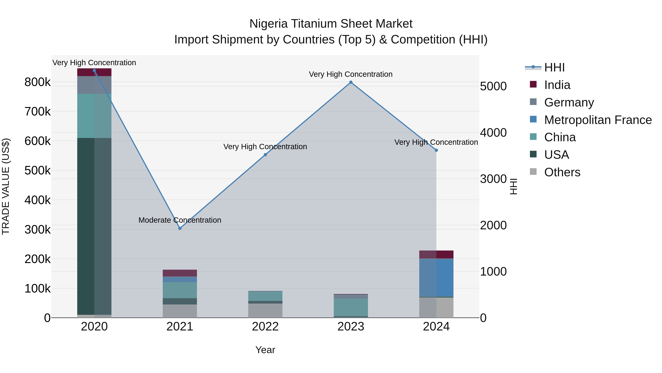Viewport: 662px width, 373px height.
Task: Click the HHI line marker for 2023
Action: [x=351, y=82]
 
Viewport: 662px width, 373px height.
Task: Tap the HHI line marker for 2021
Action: [x=180, y=228]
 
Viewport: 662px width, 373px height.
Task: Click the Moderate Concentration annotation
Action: [x=180, y=220]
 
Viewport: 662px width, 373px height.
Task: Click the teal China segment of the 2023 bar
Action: [x=351, y=307]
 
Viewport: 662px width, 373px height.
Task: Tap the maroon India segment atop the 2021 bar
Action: [x=180, y=273]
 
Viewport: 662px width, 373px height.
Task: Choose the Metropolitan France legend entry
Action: [x=598, y=120]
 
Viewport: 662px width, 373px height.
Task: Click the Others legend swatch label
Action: [x=562, y=172]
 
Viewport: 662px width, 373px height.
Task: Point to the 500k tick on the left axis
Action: [x=38, y=170]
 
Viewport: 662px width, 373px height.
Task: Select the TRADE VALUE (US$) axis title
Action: [x=6, y=186]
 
